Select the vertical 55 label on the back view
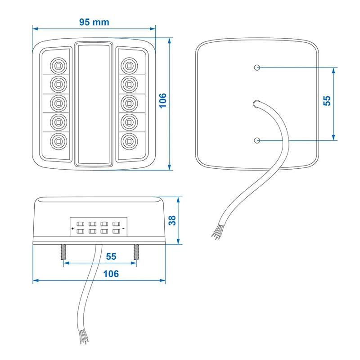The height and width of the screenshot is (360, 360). tap(327, 100)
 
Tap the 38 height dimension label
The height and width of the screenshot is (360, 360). tap(172, 220)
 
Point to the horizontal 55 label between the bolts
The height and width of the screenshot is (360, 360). tap(111, 256)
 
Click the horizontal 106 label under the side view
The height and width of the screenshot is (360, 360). tap(111, 274)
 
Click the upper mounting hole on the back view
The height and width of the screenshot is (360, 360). tap(257, 67)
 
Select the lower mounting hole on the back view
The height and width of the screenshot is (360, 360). tap(257, 140)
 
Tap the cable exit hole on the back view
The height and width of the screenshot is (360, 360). tap(256, 104)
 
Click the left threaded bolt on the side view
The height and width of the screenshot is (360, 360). tap(63, 253)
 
